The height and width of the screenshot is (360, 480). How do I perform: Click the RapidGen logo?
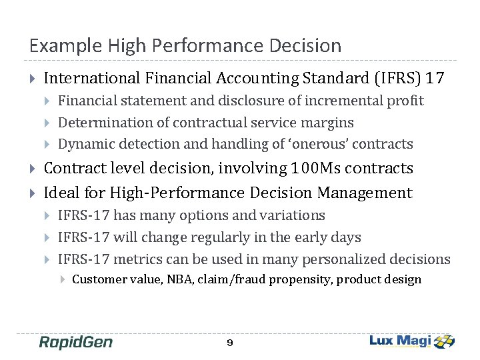point(76,342)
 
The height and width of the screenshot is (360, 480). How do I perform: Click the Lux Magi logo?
point(412,341)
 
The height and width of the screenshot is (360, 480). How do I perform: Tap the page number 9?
point(229,343)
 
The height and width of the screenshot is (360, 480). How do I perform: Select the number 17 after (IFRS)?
point(435,78)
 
